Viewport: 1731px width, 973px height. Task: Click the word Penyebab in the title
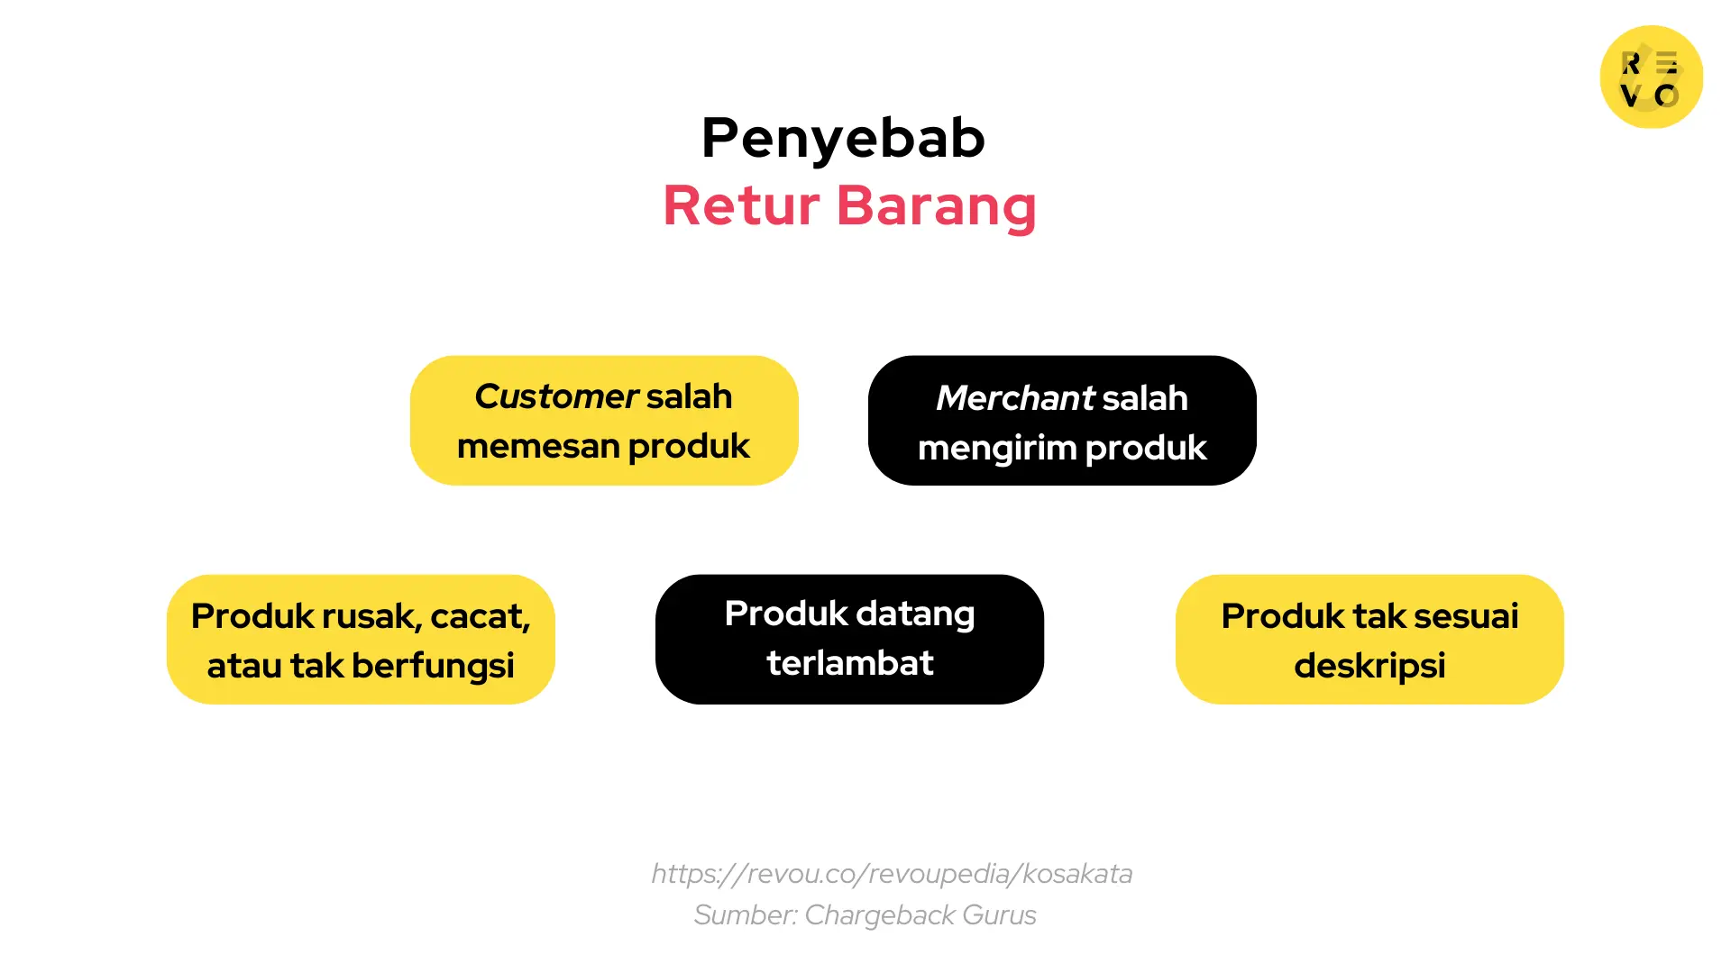pos(843,139)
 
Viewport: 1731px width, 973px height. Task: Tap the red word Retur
pos(740,205)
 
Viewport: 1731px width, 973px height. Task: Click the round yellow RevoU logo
pos(1651,77)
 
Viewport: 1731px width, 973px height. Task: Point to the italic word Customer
pos(556,396)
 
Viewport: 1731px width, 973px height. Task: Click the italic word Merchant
pos(1014,398)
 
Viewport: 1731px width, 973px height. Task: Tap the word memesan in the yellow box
pos(537,447)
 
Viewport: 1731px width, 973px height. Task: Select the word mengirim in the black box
pos(996,449)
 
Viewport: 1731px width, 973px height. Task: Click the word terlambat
pos(849,663)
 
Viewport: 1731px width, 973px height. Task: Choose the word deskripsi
pos(1369,666)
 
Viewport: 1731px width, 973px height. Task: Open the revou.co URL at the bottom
pos(892,874)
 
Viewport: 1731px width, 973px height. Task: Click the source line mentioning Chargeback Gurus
pos(865,915)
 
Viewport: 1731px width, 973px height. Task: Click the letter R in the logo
pos(1631,63)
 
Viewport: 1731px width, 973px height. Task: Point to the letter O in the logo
pos(1667,95)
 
